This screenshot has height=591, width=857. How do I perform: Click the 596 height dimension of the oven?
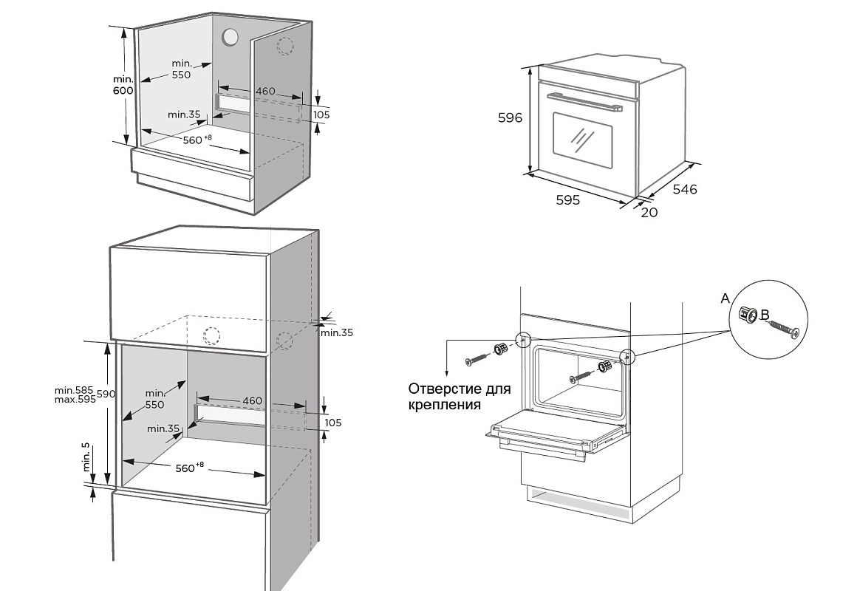click(x=510, y=118)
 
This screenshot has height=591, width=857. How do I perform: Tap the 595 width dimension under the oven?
click(x=567, y=199)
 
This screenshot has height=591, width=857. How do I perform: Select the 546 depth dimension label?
click(x=685, y=190)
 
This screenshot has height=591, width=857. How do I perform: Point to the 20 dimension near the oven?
click(x=649, y=213)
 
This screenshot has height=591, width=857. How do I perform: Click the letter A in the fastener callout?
click(x=725, y=298)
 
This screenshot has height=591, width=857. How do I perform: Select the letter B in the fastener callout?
click(x=765, y=315)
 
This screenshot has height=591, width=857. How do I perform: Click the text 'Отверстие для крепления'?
click(x=459, y=397)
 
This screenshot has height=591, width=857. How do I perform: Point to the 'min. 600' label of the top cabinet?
click(x=123, y=85)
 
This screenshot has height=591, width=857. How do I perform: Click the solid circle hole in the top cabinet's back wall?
click(x=231, y=37)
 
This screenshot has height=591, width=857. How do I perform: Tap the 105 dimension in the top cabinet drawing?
click(x=321, y=115)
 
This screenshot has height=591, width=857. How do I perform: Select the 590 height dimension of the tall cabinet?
click(x=106, y=394)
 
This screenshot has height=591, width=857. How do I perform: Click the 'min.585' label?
click(x=74, y=390)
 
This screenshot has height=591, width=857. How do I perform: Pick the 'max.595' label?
click(x=75, y=400)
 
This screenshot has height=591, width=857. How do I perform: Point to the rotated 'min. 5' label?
click(x=86, y=457)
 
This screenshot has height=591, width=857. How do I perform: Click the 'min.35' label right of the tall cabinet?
click(x=337, y=332)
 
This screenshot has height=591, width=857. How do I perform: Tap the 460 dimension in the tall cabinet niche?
click(x=252, y=400)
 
